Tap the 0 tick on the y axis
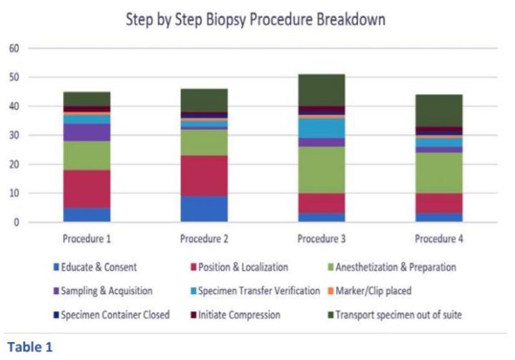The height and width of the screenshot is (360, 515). tap(15, 223)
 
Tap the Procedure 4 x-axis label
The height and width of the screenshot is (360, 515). tap(439, 238)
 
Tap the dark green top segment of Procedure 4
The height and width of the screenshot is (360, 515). tap(439, 110)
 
